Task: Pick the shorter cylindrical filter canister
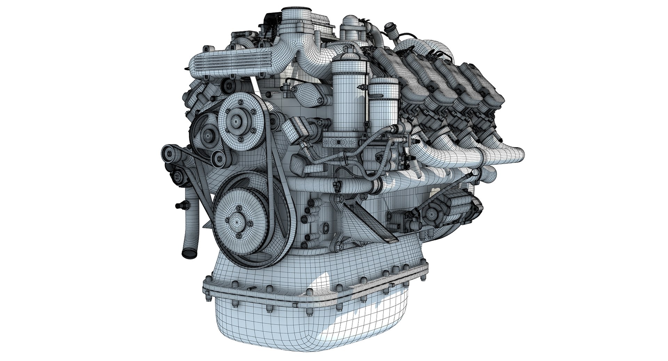coord(384,101)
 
